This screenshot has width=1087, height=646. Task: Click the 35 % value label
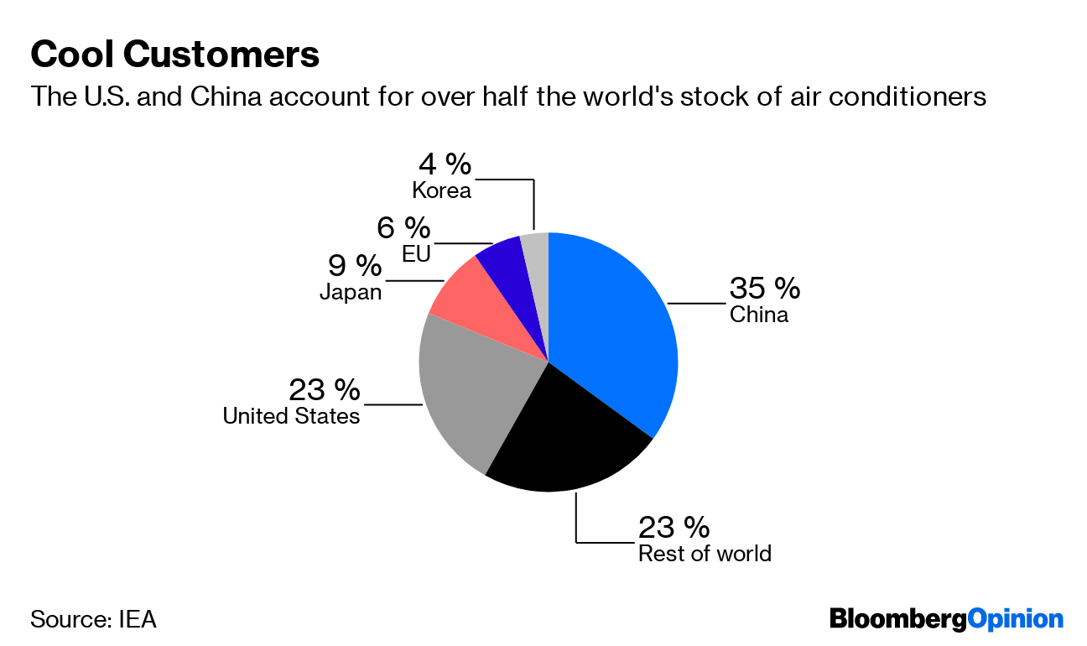[x=764, y=289]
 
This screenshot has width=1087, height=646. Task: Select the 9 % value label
[x=354, y=267]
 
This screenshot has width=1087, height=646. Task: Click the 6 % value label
[x=403, y=227]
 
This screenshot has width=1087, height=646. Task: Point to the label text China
[x=758, y=315]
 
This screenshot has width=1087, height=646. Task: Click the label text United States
[x=291, y=416]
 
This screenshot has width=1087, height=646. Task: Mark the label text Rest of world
[x=705, y=554]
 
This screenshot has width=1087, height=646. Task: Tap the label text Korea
[x=441, y=190]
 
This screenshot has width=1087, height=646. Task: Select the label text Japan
[x=350, y=293]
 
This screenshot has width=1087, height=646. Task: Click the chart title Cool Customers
[x=174, y=55]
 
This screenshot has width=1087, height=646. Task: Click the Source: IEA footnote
[x=93, y=620]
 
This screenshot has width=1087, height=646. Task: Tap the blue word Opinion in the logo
[x=1016, y=620]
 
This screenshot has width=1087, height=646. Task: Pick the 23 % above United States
[x=325, y=390]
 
